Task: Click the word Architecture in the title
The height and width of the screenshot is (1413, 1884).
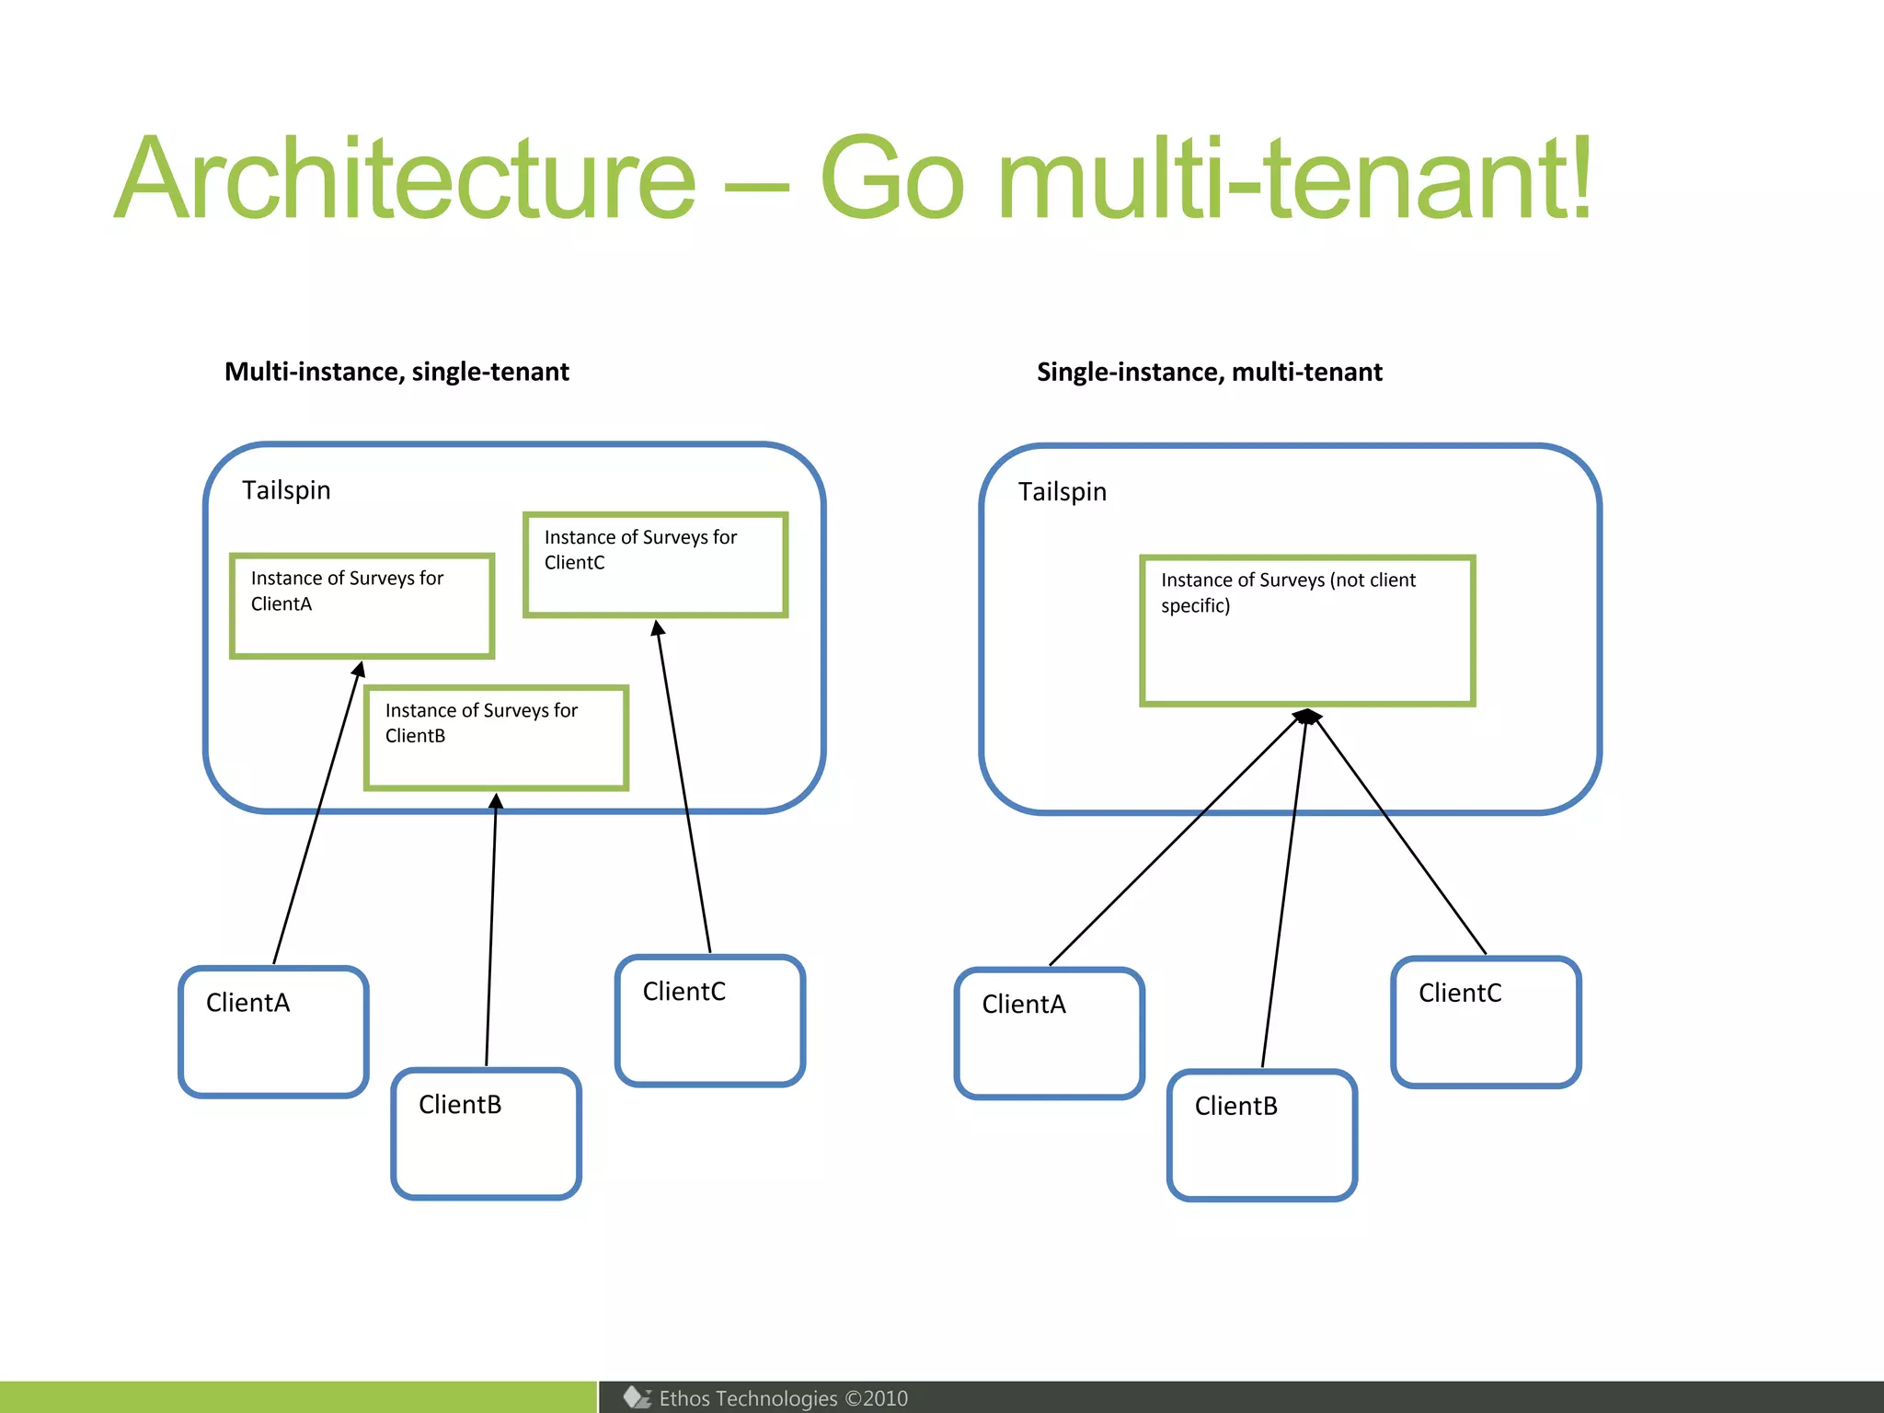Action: coord(405,179)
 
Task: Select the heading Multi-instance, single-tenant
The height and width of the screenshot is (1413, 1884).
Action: coord(396,372)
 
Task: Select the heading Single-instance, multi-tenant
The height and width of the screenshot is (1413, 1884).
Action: coord(1209,372)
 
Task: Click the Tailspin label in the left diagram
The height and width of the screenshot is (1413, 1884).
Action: coord(286,490)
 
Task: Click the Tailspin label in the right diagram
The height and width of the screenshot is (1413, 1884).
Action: coord(1062,492)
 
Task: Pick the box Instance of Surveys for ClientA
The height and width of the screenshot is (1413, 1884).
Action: coord(362,605)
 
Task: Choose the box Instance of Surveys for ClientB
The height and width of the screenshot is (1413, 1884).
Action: coord(496,738)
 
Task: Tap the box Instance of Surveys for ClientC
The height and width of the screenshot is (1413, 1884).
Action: coord(655,564)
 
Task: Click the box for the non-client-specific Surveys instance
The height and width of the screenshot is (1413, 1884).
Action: coord(1307,631)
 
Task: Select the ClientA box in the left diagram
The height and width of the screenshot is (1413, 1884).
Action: coord(273,1031)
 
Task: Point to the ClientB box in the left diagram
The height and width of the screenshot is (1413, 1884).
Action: coord(486,1133)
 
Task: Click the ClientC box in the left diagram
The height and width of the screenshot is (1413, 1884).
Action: coord(709,1020)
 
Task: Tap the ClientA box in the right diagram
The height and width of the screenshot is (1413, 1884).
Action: coord(1049,1033)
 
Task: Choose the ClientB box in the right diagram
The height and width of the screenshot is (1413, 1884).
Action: coord(1261,1135)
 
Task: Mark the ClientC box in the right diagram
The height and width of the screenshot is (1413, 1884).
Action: coord(1486,1022)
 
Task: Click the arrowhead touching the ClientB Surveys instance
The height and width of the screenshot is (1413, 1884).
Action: coord(496,801)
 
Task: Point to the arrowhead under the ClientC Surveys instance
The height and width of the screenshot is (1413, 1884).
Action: coord(658,628)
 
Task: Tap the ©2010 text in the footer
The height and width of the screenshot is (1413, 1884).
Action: coord(876,1398)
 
